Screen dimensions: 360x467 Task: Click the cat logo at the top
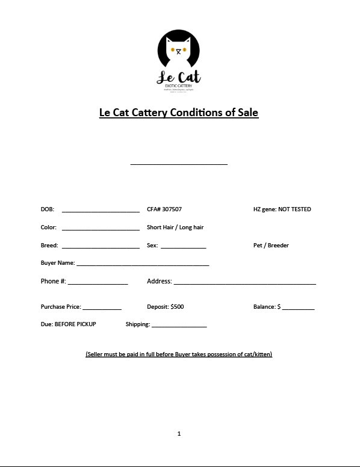tap(178, 61)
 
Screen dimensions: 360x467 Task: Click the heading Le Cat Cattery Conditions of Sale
tap(179, 113)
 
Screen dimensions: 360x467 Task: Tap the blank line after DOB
tap(101, 210)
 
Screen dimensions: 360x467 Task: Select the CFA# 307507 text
tap(164, 209)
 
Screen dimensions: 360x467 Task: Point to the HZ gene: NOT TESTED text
tap(282, 209)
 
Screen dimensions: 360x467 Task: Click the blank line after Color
tap(101, 228)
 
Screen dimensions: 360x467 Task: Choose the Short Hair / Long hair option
tap(175, 227)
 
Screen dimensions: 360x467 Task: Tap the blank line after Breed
tap(101, 246)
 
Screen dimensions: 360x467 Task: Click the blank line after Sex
tap(183, 246)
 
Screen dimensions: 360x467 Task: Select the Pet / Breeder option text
tap(271, 246)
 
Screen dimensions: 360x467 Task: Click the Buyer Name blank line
tap(143, 264)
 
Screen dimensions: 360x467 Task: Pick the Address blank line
tap(244, 282)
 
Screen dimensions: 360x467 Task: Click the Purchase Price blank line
tap(102, 308)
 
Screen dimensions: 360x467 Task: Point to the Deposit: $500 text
tap(166, 307)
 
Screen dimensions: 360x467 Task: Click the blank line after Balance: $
tap(298, 308)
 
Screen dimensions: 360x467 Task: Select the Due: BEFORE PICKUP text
tap(68, 324)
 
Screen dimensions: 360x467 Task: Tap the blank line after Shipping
tap(179, 326)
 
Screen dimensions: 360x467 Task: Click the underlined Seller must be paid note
tap(179, 354)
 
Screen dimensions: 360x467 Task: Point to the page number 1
tap(179, 433)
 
